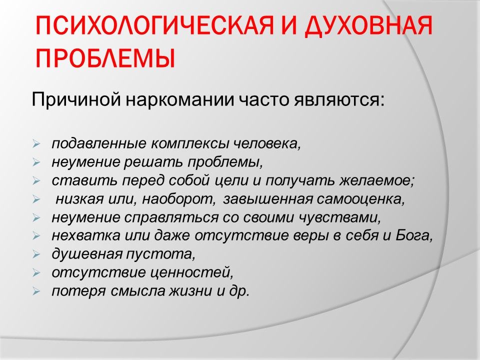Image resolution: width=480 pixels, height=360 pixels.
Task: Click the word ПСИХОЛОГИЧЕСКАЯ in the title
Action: pyautogui.click(x=154, y=25)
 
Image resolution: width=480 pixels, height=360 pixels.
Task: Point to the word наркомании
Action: pyautogui.click(x=179, y=100)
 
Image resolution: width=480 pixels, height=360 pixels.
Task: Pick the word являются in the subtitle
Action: pyautogui.click(x=339, y=100)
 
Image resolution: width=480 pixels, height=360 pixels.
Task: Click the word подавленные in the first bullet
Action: pyautogui.click(x=99, y=143)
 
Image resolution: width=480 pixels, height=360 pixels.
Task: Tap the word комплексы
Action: pyautogui.click(x=190, y=144)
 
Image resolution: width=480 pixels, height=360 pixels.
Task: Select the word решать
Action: pyautogui.click(x=153, y=162)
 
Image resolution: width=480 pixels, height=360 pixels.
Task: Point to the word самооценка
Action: pyautogui.click(x=361, y=199)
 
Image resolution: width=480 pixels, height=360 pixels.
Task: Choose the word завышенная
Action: pyautogui.click(x=268, y=199)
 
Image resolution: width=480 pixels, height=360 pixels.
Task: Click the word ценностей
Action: pyautogui.click(x=188, y=272)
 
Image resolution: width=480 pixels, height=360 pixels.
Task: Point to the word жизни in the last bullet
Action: pyautogui.click(x=190, y=291)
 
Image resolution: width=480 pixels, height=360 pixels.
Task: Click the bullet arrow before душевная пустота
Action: pyautogui.click(x=36, y=254)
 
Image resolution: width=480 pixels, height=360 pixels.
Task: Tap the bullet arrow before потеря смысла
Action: pyautogui.click(x=36, y=291)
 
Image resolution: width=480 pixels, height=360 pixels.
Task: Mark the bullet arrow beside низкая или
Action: pyautogui.click(x=36, y=199)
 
